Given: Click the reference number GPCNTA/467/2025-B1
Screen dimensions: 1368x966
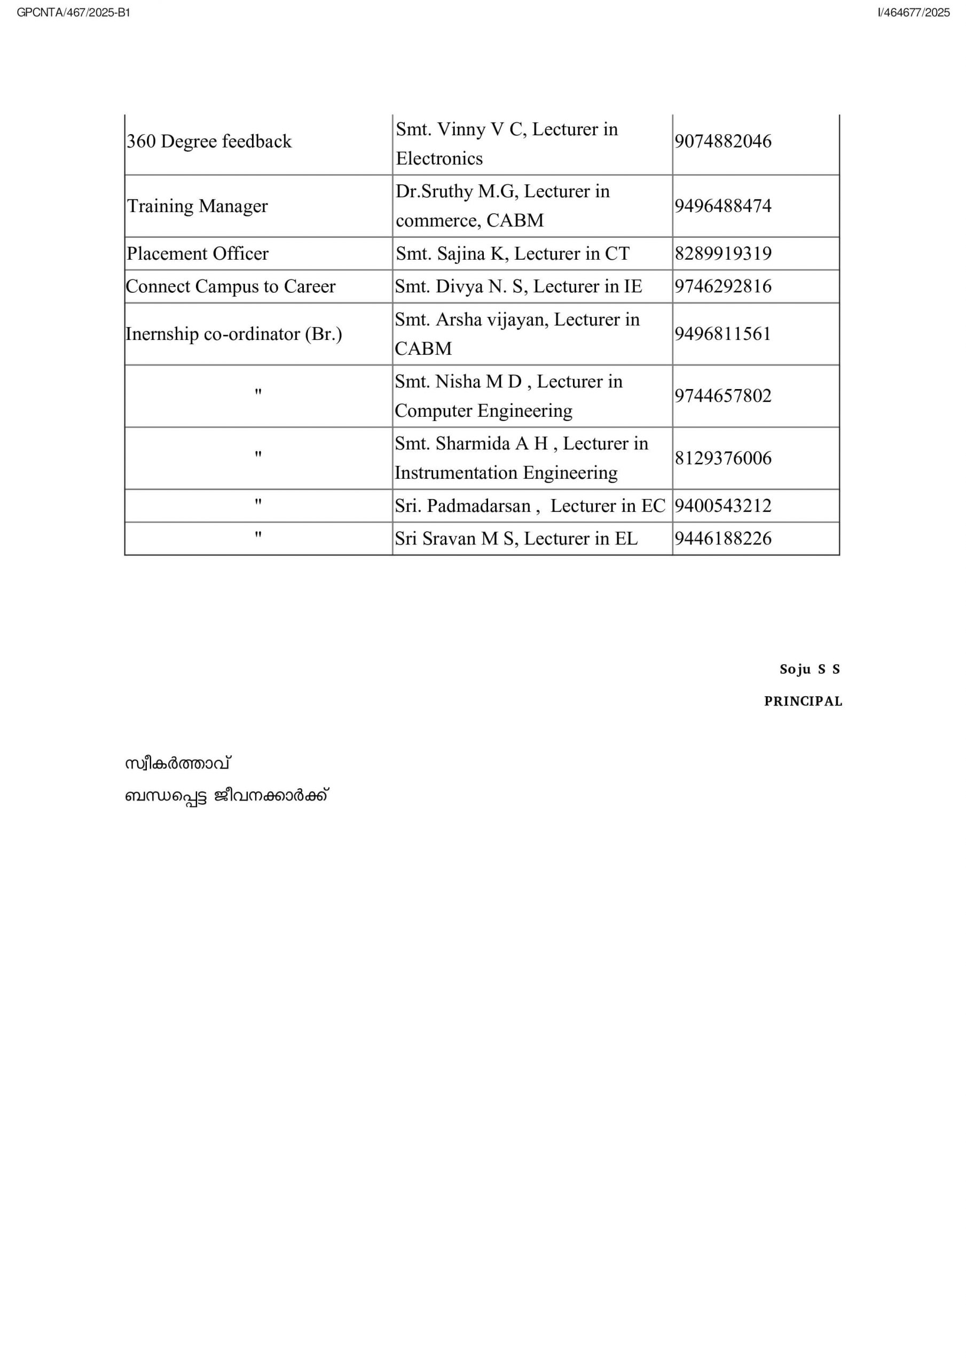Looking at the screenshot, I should coord(73,12).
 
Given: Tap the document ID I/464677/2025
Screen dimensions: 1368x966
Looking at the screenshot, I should coord(913,12).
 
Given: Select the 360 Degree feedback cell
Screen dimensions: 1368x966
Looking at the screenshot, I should coord(209,142).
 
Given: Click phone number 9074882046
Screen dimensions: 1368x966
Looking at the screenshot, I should coord(722,142).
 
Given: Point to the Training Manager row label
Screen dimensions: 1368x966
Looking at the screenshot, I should coord(197,206).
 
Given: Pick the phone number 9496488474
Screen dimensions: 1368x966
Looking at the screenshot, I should coord(722,206).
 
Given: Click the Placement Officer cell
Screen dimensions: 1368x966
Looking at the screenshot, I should coord(197,254).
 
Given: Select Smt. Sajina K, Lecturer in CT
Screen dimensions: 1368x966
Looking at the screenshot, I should coord(512,254).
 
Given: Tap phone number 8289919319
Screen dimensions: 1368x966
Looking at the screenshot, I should coord(722,254).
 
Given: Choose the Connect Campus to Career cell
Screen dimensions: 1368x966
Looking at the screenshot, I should coord(231,286).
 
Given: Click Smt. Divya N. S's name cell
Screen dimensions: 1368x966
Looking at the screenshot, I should coord(518,286).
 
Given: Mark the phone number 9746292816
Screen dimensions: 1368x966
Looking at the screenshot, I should coord(722,286).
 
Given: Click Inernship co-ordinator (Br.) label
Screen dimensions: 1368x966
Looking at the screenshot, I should coord(233,335).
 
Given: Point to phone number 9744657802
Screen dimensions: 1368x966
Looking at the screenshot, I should coord(722,396).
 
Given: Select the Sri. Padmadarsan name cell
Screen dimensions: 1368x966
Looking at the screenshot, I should coord(529,506).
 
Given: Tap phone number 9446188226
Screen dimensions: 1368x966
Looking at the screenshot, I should coord(722,539).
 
